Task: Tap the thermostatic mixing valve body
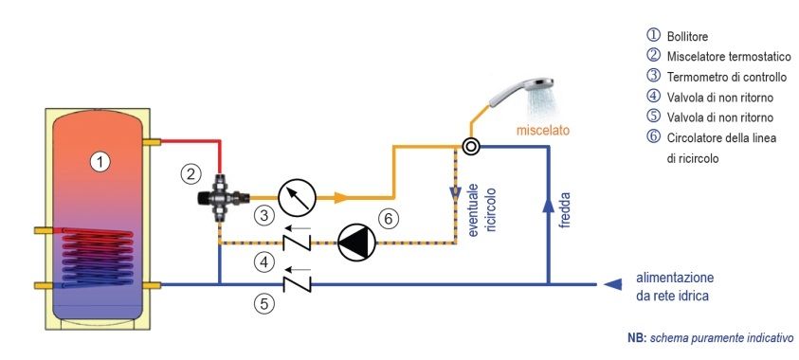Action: pos(221,197)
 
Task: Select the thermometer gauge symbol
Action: pos(297,197)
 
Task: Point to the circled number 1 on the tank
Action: pos(100,162)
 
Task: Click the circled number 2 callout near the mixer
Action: pos(191,174)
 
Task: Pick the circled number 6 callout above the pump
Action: pos(389,219)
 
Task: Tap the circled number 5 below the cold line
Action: pos(263,304)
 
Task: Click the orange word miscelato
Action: pos(543,131)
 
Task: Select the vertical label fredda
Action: pos(564,209)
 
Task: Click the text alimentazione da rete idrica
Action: pos(675,287)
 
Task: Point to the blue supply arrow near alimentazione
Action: pos(612,284)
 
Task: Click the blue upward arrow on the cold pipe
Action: pos(548,205)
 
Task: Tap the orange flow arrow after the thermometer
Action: pos(340,197)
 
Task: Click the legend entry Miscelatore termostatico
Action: pos(718,56)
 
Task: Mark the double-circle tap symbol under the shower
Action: pos(471,147)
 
